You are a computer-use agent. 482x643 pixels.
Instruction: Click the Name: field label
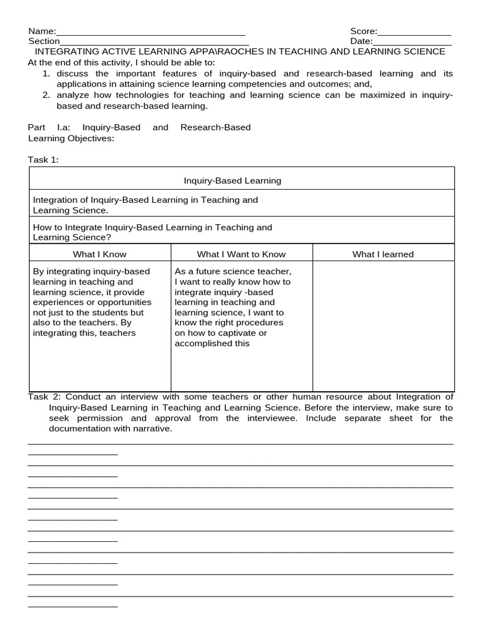pos(41,31)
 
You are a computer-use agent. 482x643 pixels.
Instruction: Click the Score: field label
pos(363,31)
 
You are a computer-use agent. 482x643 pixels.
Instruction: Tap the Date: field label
pos(361,41)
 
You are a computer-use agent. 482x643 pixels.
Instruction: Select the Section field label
pos(44,41)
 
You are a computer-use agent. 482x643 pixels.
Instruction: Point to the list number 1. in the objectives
pos(46,73)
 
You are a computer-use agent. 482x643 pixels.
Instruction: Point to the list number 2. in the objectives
pos(46,95)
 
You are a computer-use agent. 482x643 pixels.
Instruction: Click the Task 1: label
pos(43,160)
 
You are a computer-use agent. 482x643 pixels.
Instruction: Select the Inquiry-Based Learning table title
pos(232,181)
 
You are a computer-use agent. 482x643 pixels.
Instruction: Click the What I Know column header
pos(99,254)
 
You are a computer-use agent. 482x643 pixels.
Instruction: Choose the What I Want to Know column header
pos(241,254)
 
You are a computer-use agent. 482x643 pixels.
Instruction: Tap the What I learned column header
pos(383,254)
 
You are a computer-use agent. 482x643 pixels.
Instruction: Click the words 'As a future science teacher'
pos(233,271)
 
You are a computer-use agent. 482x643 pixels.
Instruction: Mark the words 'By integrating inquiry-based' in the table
pos(91,271)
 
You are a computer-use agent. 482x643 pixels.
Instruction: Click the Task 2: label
pos(45,397)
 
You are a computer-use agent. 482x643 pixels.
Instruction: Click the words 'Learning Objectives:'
pos(71,138)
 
